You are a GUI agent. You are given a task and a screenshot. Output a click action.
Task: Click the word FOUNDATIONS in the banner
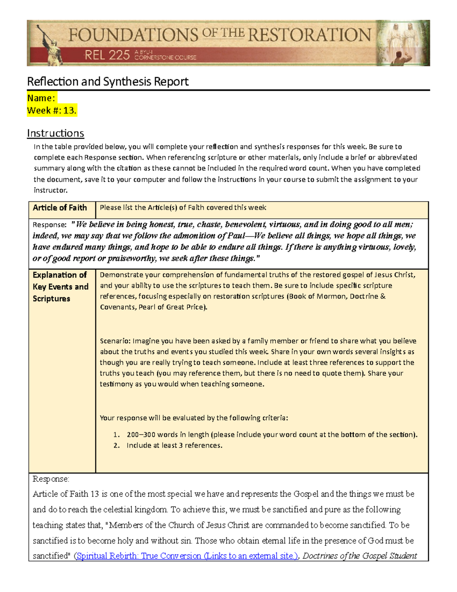133,35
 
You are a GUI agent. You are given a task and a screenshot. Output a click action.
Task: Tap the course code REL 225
107,56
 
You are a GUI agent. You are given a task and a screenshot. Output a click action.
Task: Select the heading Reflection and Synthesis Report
108,81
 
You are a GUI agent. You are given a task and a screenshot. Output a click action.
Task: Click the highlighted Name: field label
41,98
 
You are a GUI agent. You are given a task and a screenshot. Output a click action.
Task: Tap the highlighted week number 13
70,111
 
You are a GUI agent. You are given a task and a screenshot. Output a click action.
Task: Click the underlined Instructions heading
56,133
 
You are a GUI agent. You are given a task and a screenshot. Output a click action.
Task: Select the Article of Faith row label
60,208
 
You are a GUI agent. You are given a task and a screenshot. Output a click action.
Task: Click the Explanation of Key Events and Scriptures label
61,286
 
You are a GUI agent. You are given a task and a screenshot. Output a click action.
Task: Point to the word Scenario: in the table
115,341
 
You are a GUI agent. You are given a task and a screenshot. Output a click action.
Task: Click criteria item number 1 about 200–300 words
272,435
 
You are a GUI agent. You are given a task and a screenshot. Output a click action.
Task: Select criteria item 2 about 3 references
174,445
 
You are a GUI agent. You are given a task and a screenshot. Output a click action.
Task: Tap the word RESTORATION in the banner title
309,35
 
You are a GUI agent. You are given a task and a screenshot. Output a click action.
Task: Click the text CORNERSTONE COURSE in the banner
165,58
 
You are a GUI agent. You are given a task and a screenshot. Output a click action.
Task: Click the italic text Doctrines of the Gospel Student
360,556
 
